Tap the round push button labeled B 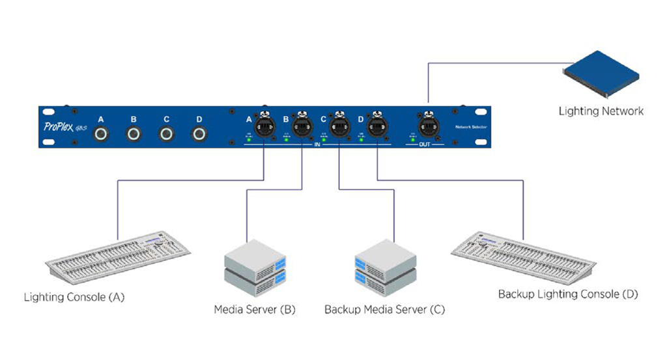(134, 135)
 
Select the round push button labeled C (167, 135)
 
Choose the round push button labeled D (199, 135)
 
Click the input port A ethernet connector (264, 126)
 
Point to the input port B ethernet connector (302, 126)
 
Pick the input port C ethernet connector (339, 126)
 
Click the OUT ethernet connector (427, 126)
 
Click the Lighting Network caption (601, 111)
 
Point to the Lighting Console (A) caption (74, 298)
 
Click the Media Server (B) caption (255, 309)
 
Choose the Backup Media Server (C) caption (384, 309)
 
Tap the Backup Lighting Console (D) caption (568, 294)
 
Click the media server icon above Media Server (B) (255, 268)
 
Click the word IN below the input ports (317, 145)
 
